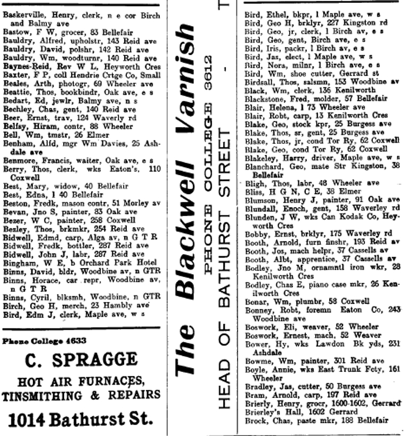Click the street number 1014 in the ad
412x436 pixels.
[x=30, y=418]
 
